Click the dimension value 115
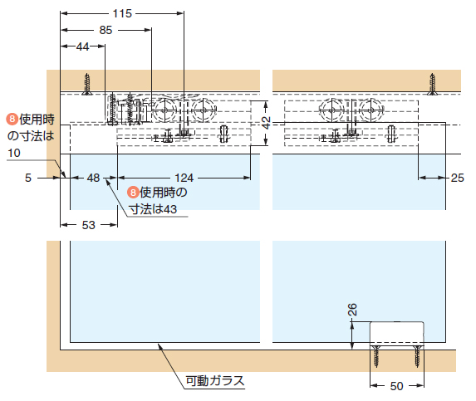click(122, 13)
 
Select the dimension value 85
click(106, 30)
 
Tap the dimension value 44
click(82, 46)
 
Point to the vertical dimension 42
click(266, 123)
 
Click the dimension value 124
click(184, 178)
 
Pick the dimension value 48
click(93, 178)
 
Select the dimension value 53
click(89, 225)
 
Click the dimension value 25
click(457, 178)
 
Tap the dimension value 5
click(28, 178)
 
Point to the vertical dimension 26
click(352, 310)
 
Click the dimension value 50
click(396, 386)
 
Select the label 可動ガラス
click(215, 381)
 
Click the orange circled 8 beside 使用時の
click(133, 193)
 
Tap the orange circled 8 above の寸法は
click(12, 119)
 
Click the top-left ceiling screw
click(87, 84)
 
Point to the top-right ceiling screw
click(432, 84)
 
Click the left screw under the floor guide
click(376, 356)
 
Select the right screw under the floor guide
click(417, 356)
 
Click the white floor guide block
click(397, 333)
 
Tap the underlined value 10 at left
click(14, 153)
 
